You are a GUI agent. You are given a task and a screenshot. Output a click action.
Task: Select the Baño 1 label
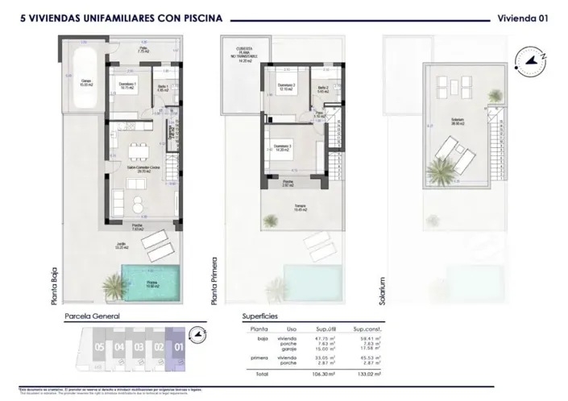click(162, 88)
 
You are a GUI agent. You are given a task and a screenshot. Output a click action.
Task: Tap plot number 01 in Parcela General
click(178, 348)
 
